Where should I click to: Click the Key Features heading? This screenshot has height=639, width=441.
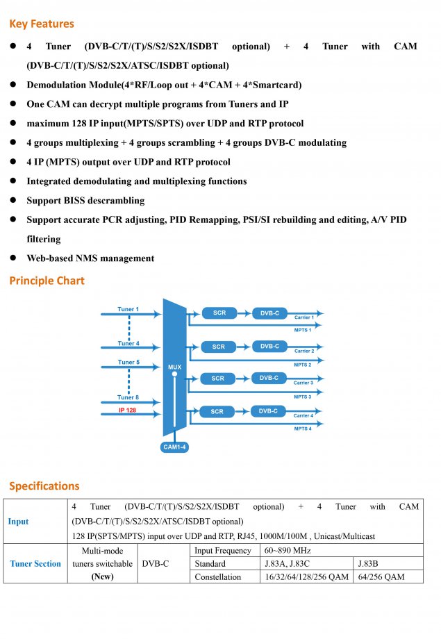[42, 24]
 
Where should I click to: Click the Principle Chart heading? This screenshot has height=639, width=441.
[47, 281]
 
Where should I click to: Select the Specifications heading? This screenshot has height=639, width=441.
[44, 486]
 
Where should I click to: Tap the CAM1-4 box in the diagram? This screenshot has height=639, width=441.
[174, 447]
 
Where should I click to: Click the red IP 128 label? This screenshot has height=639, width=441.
[128, 410]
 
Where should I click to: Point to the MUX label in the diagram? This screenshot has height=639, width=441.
[174, 367]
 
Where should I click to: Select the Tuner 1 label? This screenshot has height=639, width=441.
[128, 309]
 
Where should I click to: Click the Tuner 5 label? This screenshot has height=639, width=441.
[128, 362]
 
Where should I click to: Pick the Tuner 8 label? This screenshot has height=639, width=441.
[128, 397]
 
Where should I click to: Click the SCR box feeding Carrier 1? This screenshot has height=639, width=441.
[219, 313]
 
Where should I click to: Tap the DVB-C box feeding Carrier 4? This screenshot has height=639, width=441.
[268, 411]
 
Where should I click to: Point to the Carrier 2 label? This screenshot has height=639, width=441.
[304, 351]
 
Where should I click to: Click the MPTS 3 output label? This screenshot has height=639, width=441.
[302, 397]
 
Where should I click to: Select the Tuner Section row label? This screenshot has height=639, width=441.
[35, 563]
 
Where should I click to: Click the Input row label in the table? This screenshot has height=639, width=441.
[18, 522]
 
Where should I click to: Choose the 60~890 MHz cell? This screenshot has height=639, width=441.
[288, 551]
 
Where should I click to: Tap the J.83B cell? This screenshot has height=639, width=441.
[367, 563]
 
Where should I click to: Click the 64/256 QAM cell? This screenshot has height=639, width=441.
[381, 576]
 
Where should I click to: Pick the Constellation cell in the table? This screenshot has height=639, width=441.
[217, 576]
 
